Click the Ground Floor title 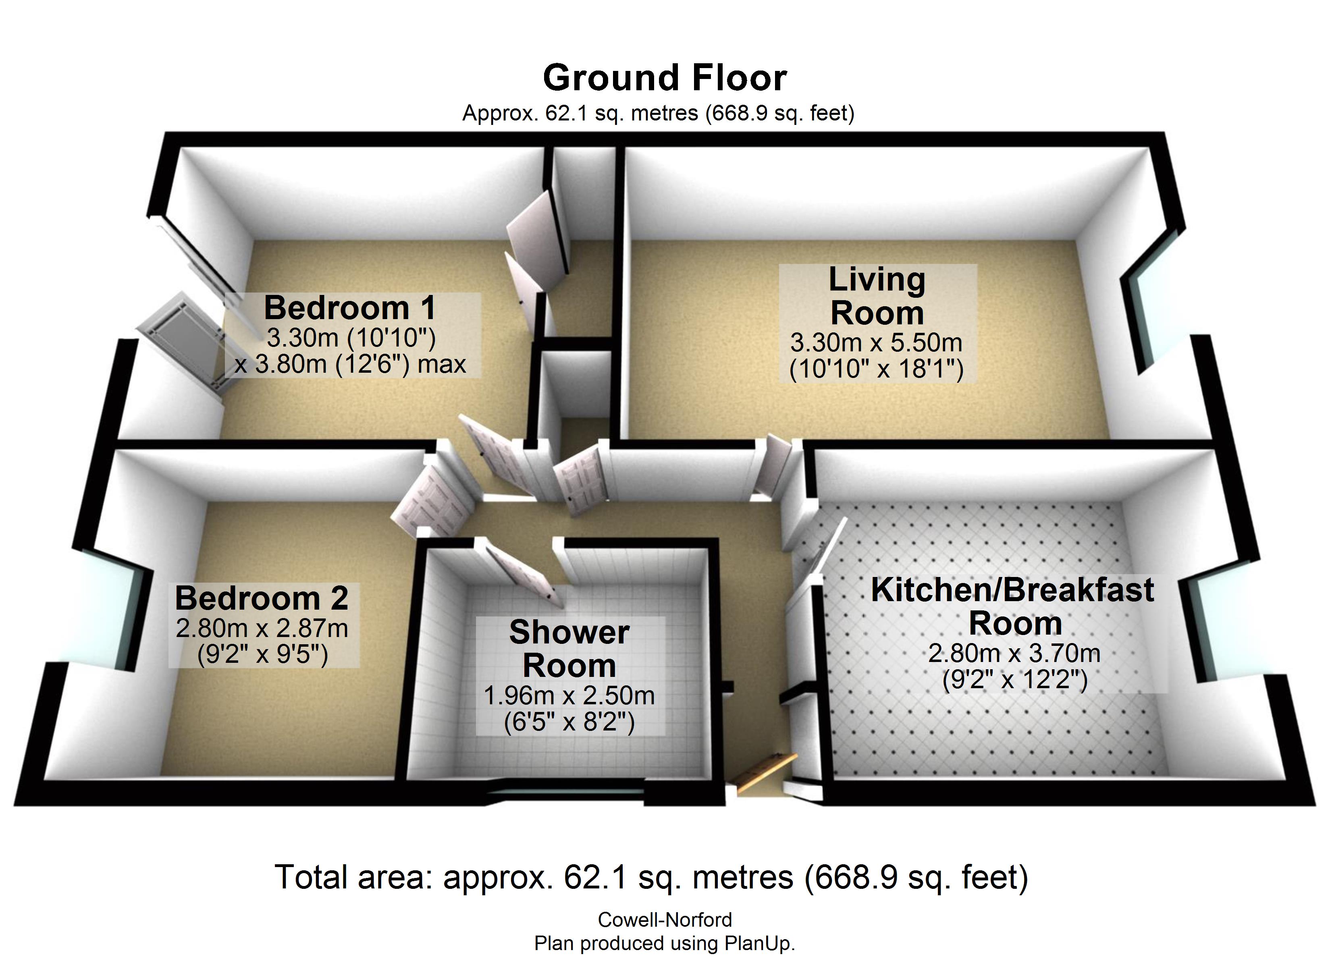665,78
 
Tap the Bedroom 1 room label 350,308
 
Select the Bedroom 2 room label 262,598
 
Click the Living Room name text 877,296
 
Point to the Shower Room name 569,649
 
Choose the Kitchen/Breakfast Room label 1013,606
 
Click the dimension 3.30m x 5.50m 876,342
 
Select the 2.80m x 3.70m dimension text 1014,653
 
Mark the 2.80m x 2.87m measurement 262,629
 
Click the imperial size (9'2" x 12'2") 1015,680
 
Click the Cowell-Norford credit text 665,919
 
